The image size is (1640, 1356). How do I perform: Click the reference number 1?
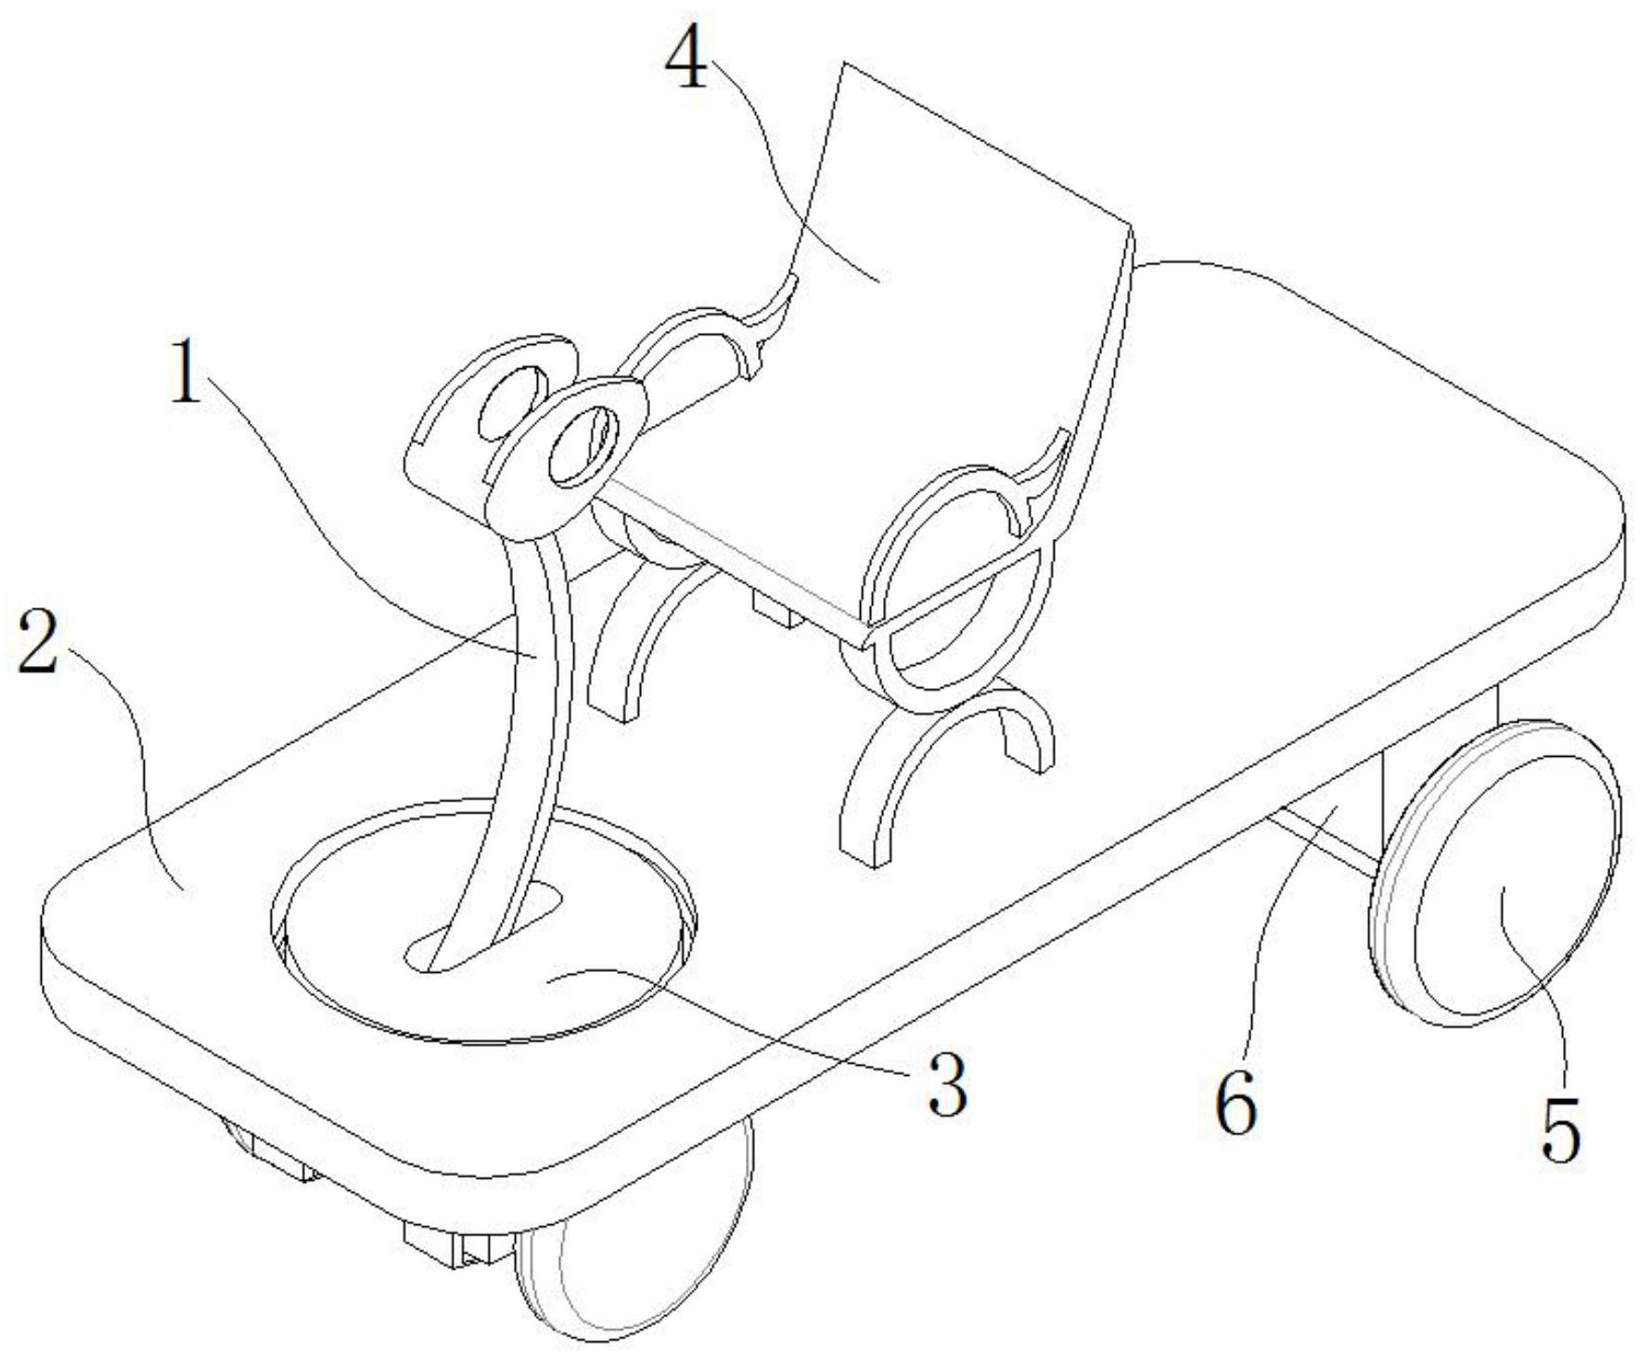(187, 370)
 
